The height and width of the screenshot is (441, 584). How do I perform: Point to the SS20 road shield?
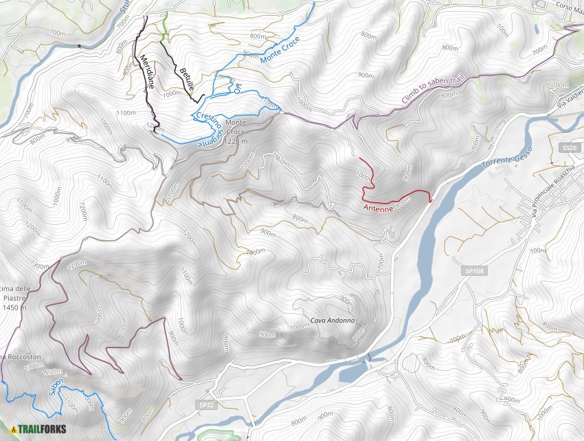click(x=568, y=148)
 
